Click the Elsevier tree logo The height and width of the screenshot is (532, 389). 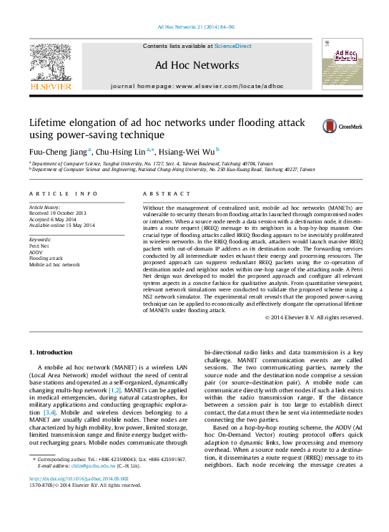[x=50, y=62]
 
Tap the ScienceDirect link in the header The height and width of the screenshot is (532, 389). [x=233, y=46]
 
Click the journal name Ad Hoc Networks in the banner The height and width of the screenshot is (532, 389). [x=197, y=66]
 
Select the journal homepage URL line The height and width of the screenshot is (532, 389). [x=197, y=86]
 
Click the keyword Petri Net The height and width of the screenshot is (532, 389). [x=39, y=245]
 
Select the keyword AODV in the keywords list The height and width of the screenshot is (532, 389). [x=36, y=251]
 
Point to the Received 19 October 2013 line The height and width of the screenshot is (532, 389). [x=57, y=213]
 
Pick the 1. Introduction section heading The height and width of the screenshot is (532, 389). [x=51, y=354]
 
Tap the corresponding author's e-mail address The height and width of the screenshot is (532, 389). [x=99, y=465]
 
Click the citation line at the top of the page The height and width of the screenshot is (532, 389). [x=194, y=26]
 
